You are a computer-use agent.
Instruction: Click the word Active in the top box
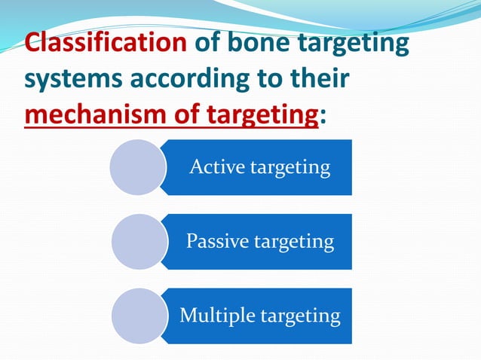[x=213, y=166]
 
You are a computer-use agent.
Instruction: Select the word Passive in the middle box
[x=214, y=241]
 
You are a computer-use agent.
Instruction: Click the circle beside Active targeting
[x=137, y=166]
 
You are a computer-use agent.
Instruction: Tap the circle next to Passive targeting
[x=138, y=241]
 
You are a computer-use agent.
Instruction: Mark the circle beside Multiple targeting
[x=138, y=316]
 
